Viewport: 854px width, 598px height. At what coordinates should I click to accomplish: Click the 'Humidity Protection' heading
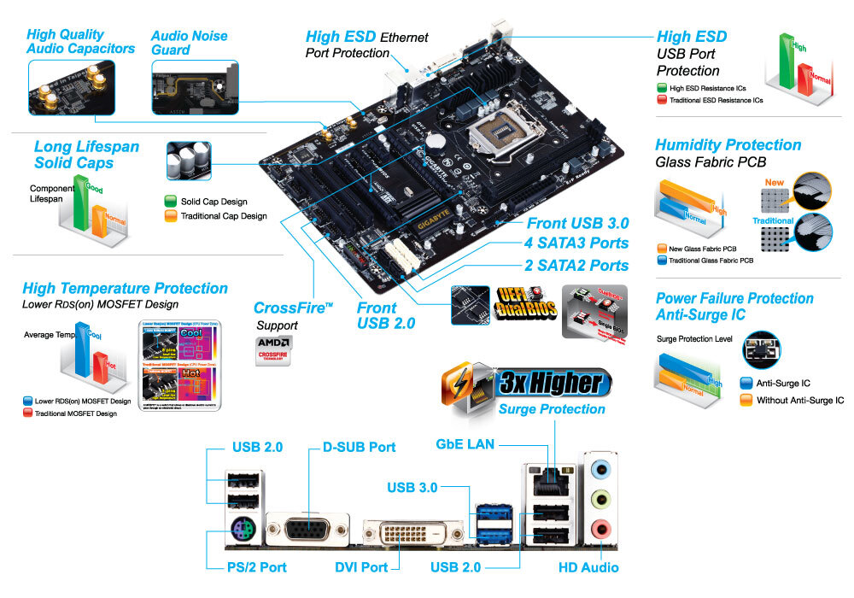(x=728, y=145)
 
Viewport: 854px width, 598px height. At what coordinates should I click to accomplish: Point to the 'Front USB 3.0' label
(x=577, y=224)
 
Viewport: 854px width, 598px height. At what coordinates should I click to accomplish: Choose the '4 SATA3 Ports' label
(x=577, y=244)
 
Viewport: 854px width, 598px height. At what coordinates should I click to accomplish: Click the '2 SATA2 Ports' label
(x=577, y=265)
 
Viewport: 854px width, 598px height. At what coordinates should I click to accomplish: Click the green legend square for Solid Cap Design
(x=170, y=202)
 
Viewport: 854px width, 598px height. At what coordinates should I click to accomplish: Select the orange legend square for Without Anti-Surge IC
(x=745, y=400)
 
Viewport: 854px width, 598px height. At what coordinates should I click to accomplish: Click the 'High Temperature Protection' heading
(x=125, y=289)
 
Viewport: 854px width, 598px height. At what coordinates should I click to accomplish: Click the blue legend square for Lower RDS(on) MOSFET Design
(x=28, y=400)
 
